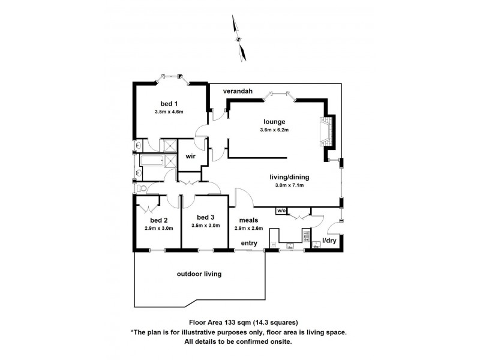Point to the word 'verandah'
point(237,91)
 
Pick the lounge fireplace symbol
point(326,131)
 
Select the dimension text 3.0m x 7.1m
point(286,185)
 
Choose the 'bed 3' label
point(205,217)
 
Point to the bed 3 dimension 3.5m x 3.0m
point(205,226)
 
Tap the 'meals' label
point(248,220)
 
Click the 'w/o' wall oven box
point(281,211)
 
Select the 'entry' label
point(248,243)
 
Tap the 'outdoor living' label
point(199,274)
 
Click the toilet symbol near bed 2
point(140,188)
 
